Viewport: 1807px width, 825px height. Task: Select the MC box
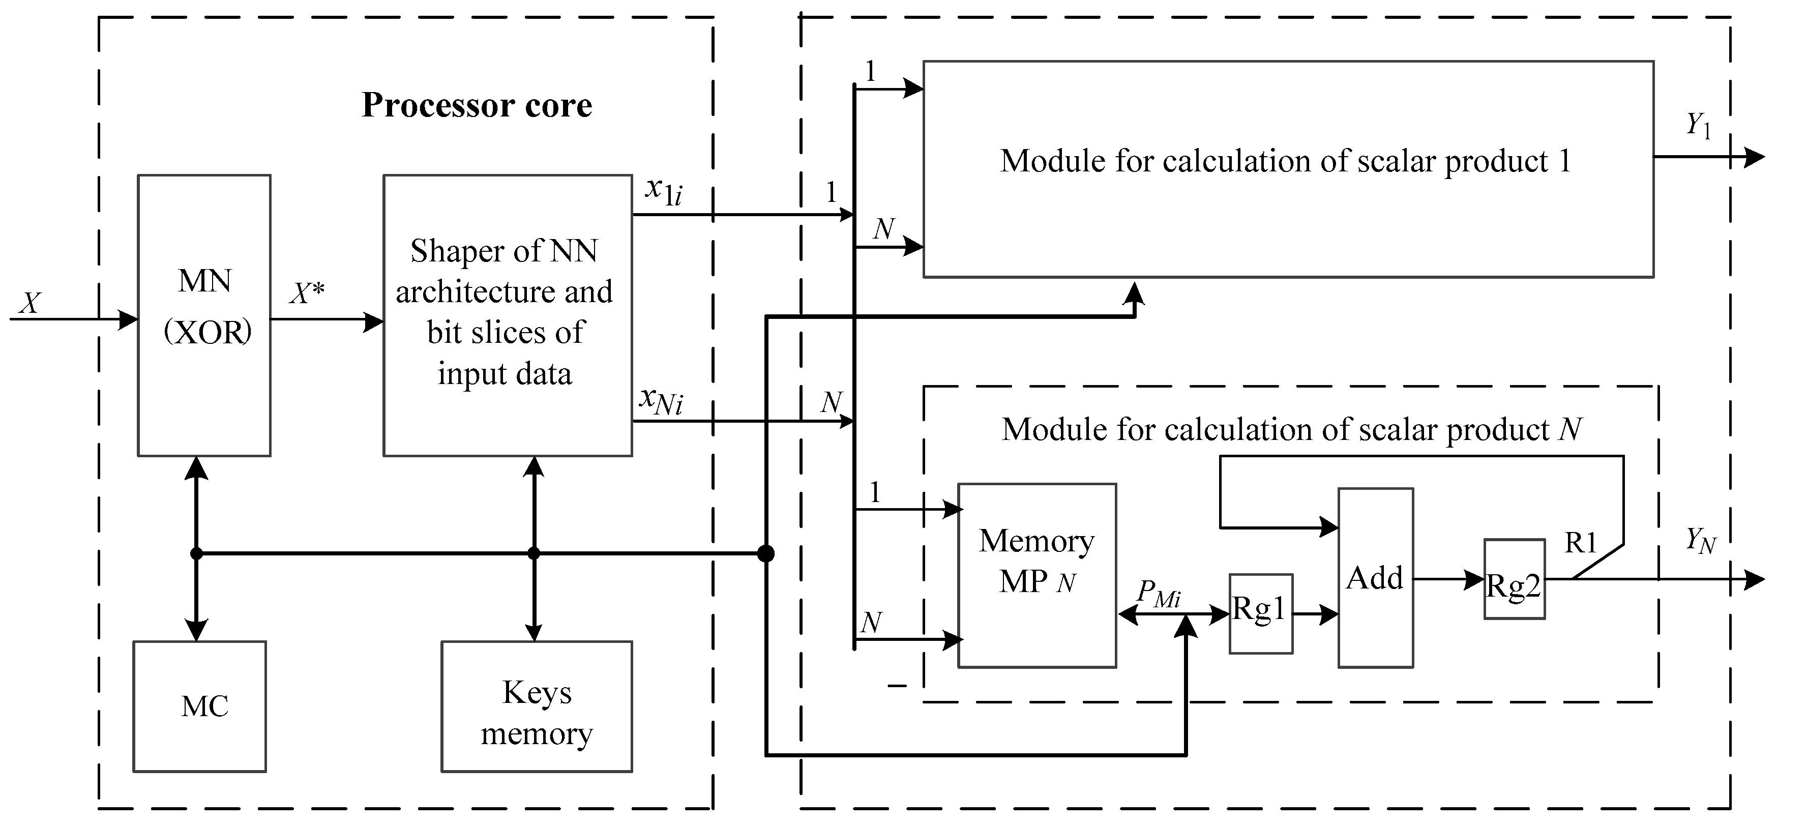[200, 706]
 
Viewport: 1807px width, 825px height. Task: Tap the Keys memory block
[537, 706]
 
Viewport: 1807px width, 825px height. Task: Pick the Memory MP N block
[1037, 575]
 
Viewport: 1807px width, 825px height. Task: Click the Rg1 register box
[1261, 614]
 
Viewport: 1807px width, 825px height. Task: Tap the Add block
[1375, 577]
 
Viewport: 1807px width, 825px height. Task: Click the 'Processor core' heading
[477, 105]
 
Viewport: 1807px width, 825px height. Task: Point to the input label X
[29, 303]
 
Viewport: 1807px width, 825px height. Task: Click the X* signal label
[307, 293]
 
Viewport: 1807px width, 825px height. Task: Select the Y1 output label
[1698, 126]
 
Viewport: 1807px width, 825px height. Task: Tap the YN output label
[1700, 540]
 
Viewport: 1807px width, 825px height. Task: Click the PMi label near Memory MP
[1158, 594]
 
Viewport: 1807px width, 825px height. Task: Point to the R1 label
[1580, 542]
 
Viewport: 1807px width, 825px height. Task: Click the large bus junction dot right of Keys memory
[766, 553]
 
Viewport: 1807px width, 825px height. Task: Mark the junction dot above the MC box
[196, 553]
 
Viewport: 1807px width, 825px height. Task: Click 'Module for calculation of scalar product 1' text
[1285, 161]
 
